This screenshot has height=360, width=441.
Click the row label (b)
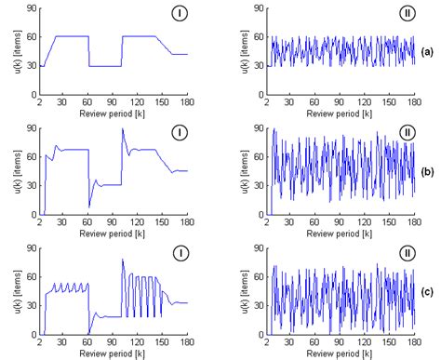point(425,172)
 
